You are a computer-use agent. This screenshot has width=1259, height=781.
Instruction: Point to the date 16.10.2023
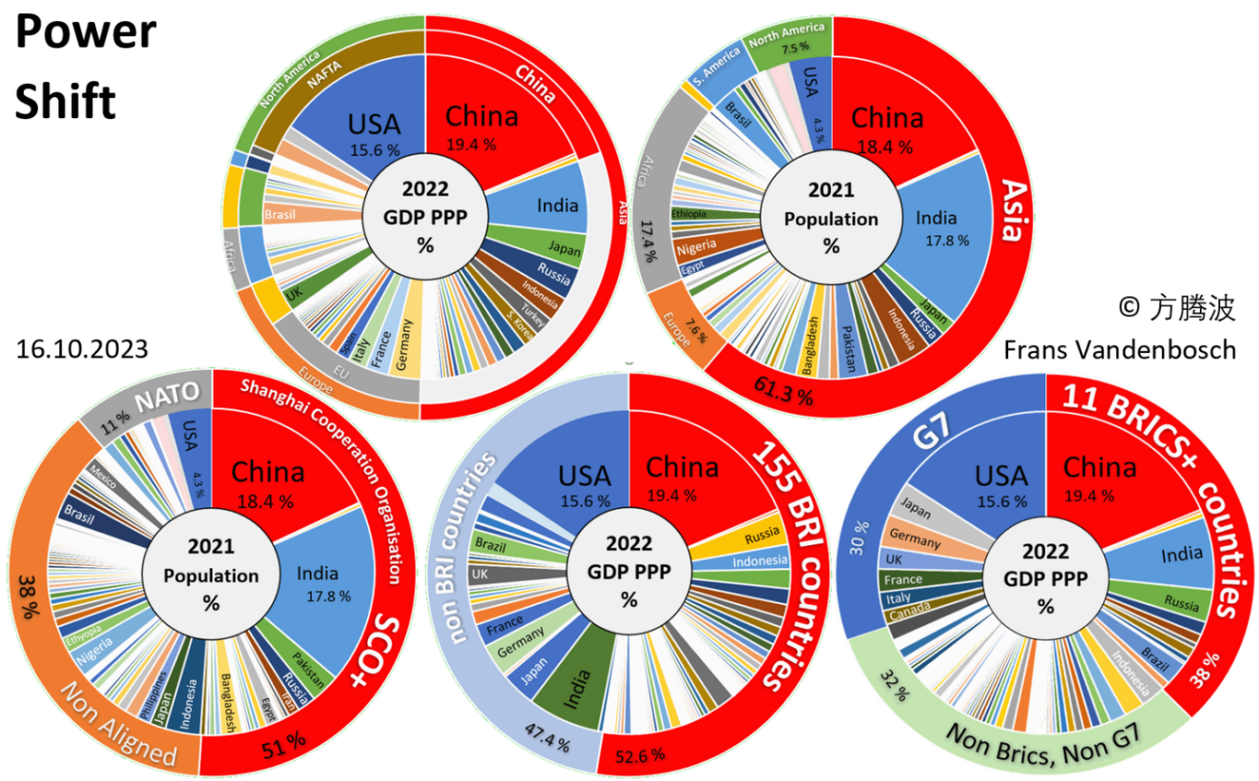(82, 349)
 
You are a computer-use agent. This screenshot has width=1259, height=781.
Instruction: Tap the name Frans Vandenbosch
(1120, 349)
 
